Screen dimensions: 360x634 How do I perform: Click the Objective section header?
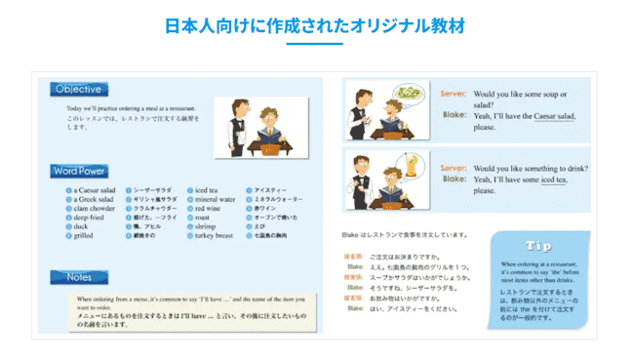78,89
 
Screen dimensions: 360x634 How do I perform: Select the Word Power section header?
80,171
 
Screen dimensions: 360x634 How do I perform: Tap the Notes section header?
79,277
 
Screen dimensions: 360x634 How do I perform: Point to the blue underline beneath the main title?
316,44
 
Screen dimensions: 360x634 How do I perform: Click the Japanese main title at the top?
316,22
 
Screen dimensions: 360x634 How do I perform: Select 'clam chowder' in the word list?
94,208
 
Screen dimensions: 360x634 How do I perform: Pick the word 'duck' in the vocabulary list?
82,226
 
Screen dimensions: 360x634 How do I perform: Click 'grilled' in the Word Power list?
85,235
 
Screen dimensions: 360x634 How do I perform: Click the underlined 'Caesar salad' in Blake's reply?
551,115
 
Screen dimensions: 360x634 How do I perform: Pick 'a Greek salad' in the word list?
96,199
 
